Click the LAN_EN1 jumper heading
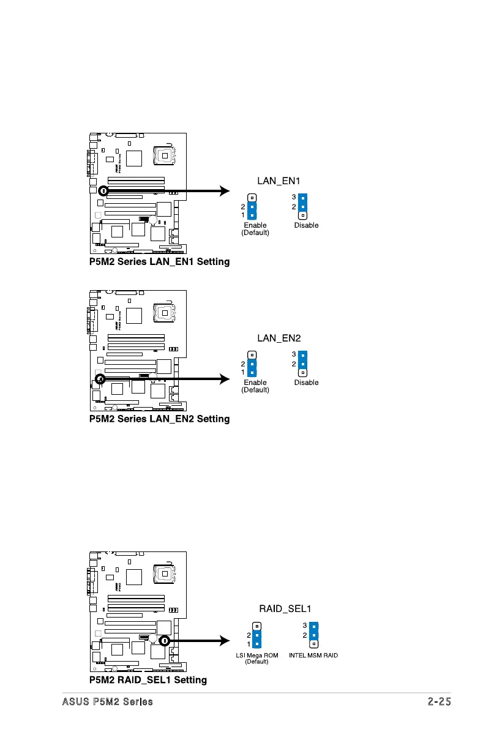(x=279, y=181)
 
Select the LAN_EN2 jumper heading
(x=279, y=338)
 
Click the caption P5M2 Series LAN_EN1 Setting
(x=159, y=262)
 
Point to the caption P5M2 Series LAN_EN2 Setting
(x=159, y=419)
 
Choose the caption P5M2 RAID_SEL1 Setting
(x=148, y=680)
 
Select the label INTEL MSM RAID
(x=313, y=655)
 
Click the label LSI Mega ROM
(x=257, y=655)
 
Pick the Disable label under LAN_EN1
(x=306, y=225)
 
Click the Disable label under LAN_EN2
(x=306, y=383)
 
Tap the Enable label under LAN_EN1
(x=255, y=225)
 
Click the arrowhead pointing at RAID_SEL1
(x=224, y=641)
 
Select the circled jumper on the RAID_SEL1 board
(x=164, y=641)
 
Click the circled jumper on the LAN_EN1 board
(x=103, y=190)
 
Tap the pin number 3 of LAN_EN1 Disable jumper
(x=294, y=198)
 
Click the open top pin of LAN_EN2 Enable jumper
(x=252, y=355)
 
